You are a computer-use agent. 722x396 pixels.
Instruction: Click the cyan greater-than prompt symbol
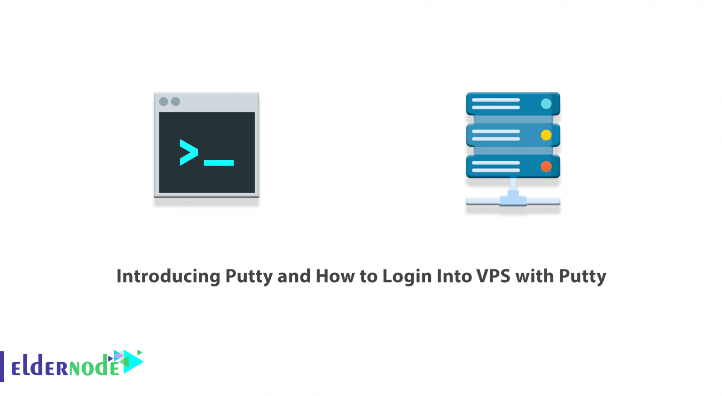[x=188, y=152]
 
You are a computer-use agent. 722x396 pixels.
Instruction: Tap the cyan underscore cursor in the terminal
[x=219, y=163]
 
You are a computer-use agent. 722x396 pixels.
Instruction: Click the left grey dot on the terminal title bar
[x=164, y=102]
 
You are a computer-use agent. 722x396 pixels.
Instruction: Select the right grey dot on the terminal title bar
[x=175, y=102]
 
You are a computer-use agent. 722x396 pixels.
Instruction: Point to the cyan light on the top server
[x=546, y=104]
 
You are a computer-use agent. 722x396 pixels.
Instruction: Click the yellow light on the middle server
[x=546, y=135]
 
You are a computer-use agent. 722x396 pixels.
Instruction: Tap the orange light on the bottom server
[x=546, y=166]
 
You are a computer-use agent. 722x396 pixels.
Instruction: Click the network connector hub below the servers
[x=513, y=199]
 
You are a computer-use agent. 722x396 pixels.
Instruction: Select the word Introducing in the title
[x=168, y=276]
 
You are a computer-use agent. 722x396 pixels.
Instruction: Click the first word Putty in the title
[x=249, y=276]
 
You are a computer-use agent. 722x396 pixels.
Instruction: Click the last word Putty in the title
[x=582, y=276]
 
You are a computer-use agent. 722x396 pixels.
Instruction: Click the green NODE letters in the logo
[x=94, y=367]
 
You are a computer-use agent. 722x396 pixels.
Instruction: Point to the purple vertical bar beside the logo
[x=2, y=366]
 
